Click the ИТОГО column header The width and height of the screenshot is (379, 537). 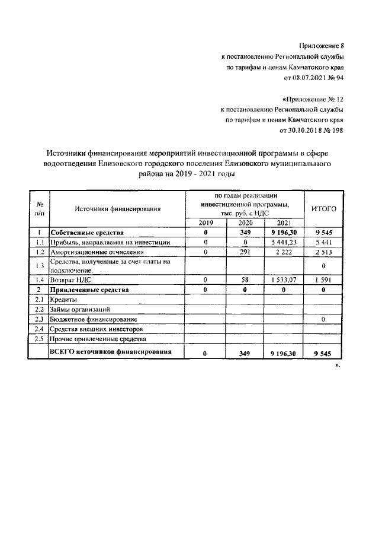pyautogui.click(x=323, y=208)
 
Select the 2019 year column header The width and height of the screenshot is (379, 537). pyautogui.click(x=205, y=223)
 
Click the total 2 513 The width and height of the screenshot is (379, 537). pyautogui.click(x=323, y=252)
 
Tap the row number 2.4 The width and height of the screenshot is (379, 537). pyautogui.click(x=39, y=329)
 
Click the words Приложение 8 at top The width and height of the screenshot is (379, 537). pyautogui.click(x=322, y=46)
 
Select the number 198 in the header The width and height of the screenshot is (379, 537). pyautogui.click(x=336, y=131)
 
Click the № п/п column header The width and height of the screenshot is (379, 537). pyautogui.click(x=39, y=208)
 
